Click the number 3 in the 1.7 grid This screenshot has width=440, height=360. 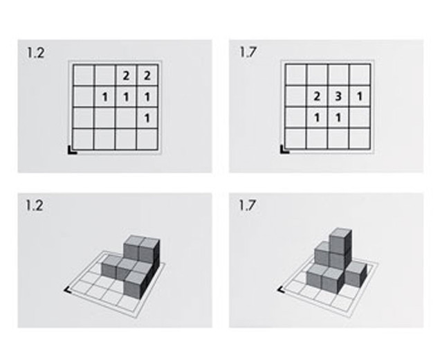point(338,97)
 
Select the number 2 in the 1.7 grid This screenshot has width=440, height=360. point(317,97)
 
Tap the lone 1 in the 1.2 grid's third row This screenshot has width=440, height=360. point(147,118)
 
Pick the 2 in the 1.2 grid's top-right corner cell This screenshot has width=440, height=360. point(147,76)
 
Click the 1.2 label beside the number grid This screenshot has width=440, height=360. point(35,53)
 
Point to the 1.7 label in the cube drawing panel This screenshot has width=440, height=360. point(247,206)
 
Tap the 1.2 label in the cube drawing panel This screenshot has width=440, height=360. point(35,206)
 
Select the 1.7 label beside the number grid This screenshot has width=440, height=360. point(248,52)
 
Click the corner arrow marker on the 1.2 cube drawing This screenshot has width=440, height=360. point(66,290)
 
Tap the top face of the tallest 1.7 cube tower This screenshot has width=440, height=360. point(340,233)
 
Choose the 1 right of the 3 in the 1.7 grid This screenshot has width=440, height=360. point(360,97)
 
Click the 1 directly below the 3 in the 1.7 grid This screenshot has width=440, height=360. point(338,118)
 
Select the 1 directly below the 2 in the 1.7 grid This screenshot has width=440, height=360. point(317,118)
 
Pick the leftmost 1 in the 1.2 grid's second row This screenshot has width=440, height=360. point(104,97)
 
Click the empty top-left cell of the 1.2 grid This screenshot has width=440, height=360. point(83,75)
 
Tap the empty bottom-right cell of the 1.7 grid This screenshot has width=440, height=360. point(360,138)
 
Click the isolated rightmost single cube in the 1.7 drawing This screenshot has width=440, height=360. point(356,274)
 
